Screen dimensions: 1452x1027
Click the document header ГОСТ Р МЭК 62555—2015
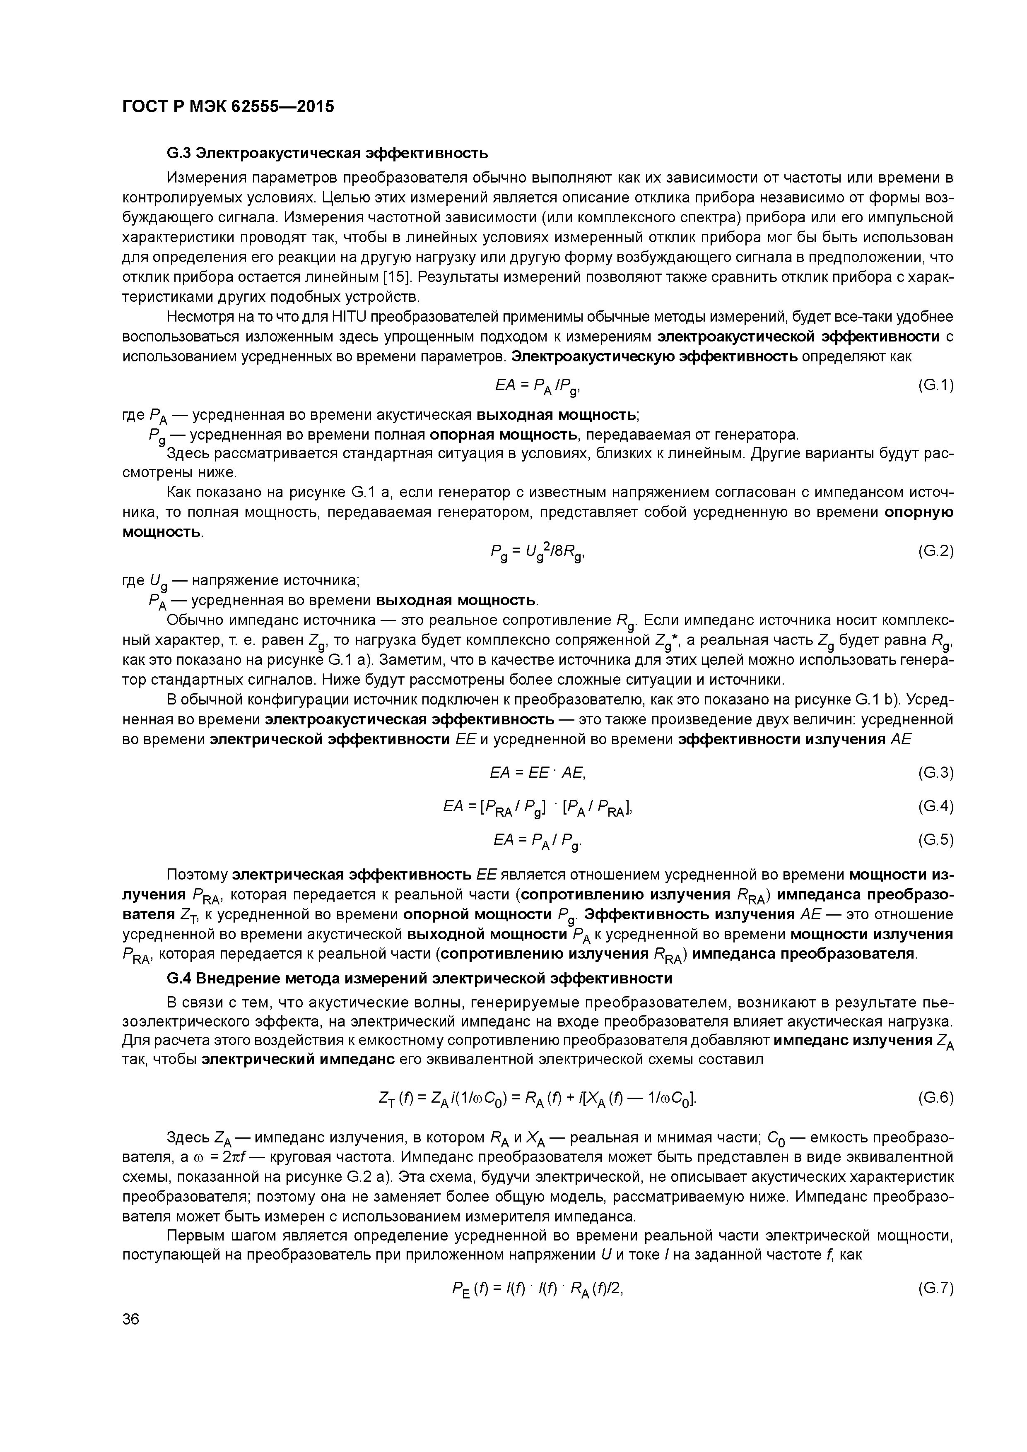[228, 107]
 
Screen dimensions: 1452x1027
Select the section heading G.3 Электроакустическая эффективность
[327, 153]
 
